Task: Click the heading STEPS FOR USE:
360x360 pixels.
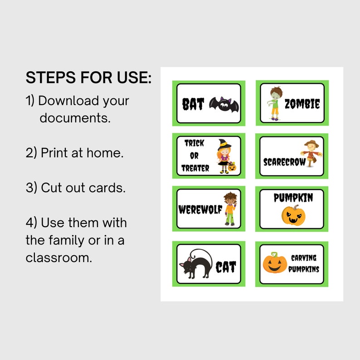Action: point(88,78)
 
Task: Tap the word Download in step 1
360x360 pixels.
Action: point(68,101)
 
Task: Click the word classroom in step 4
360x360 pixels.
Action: point(58,258)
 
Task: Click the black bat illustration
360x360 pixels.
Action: point(224,104)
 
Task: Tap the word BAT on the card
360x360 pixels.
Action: point(194,105)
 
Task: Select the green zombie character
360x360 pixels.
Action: point(275,103)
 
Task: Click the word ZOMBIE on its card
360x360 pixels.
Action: point(302,105)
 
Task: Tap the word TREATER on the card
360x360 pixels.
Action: point(195,168)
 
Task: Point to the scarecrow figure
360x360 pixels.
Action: point(311,154)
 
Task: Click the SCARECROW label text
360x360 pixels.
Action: point(285,162)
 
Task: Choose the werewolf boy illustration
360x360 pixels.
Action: point(230,209)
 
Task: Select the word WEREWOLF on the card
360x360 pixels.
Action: point(200,210)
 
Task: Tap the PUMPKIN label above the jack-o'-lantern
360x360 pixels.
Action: point(293,198)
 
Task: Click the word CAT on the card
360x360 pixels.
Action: point(226,267)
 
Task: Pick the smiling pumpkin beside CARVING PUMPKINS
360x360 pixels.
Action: point(275,263)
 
